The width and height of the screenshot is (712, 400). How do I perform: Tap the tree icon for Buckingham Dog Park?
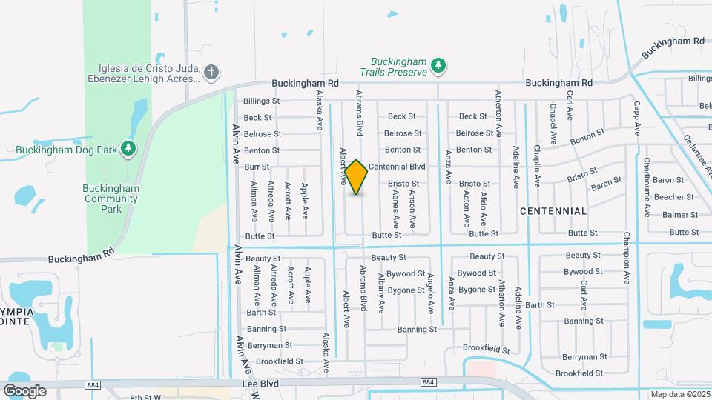click(129, 150)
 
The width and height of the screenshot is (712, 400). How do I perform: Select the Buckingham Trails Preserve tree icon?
click(438, 66)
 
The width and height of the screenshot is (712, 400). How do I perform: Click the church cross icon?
click(211, 72)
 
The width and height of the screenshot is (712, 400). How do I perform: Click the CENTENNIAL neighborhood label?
click(553, 211)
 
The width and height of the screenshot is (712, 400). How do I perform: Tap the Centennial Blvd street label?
click(396, 167)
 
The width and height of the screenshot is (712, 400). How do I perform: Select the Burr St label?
click(257, 167)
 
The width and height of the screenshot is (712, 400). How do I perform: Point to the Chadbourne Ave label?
click(647, 187)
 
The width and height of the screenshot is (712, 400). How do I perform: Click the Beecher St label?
click(678, 197)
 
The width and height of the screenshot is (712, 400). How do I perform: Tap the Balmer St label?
click(680, 215)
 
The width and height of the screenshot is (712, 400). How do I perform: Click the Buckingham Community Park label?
click(112, 199)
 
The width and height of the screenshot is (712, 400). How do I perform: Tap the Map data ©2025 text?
click(680, 394)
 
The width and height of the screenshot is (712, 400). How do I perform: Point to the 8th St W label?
click(146, 397)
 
